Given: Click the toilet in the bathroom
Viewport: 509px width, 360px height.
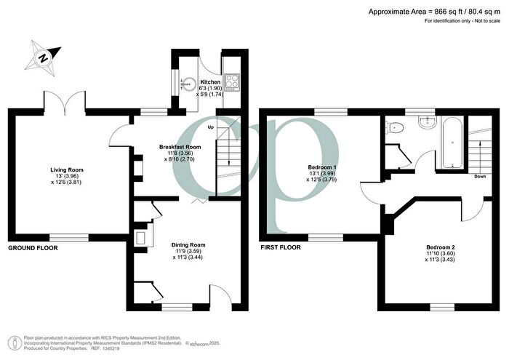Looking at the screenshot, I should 395,128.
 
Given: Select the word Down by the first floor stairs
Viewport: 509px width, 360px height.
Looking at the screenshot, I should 479,176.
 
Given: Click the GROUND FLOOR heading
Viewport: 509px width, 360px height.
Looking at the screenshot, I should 33,248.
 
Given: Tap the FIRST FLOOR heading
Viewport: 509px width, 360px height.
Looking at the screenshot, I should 280,248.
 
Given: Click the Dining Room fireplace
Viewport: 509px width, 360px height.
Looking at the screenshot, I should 140,237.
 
